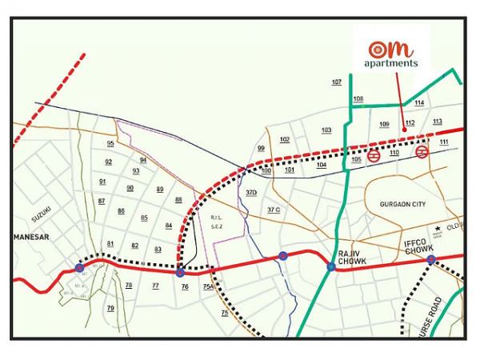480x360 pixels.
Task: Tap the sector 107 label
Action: pyautogui.click(x=337, y=82)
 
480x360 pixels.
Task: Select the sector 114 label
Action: pyautogui.click(x=419, y=103)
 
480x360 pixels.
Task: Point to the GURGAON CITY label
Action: pyautogui.click(x=403, y=205)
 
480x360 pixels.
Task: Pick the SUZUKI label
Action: pyautogui.click(x=42, y=214)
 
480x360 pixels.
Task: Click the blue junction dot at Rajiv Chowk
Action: pyautogui.click(x=331, y=266)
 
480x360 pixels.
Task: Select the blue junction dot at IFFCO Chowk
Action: pyautogui.click(x=430, y=260)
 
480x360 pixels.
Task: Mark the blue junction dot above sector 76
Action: pyautogui.click(x=181, y=272)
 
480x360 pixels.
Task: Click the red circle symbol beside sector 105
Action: pyautogui.click(x=374, y=156)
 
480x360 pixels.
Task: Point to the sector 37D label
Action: pyautogui.click(x=251, y=193)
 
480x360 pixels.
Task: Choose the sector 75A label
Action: pyautogui.click(x=208, y=286)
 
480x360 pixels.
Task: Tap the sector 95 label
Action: pyautogui.click(x=110, y=143)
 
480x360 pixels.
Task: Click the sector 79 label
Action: pyautogui.click(x=110, y=308)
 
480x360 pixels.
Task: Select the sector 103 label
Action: pyautogui.click(x=326, y=130)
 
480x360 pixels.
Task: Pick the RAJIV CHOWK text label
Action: pyautogui.click(x=351, y=258)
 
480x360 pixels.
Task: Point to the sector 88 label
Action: pyautogui.click(x=178, y=199)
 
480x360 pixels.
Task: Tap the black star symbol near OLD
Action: pyautogui.click(x=438, y=230)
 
